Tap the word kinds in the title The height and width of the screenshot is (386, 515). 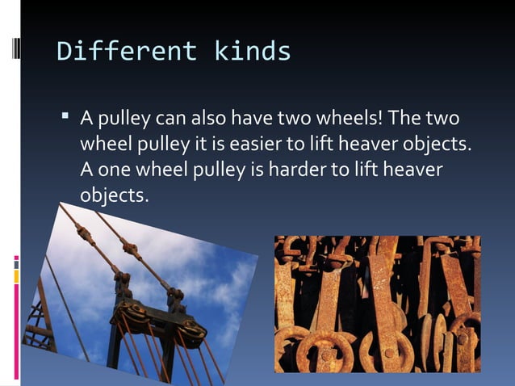252,52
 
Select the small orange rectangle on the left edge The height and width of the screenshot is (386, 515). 15,277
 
